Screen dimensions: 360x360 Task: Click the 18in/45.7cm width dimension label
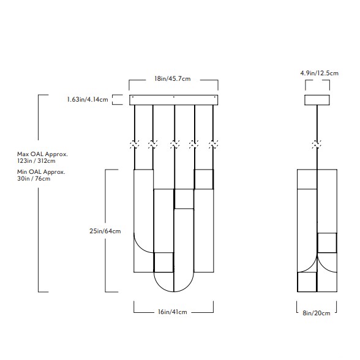[x=173, y=79]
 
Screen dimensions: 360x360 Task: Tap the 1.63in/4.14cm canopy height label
[x=88, y=99]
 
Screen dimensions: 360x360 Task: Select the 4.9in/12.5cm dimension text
[x=320, y=73]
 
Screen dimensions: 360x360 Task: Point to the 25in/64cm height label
[x=105, y=231]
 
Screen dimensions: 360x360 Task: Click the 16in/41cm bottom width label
[x=173, y=312]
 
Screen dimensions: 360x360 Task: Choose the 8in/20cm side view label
[x=317, y=313]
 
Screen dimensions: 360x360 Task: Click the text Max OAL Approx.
[x=42, y=154]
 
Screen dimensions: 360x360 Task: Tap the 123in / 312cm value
[x=36, y=160]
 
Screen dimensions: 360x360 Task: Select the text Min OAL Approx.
[x=41, y=171]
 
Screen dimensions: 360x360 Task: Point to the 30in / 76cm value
[x=34, y=179]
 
